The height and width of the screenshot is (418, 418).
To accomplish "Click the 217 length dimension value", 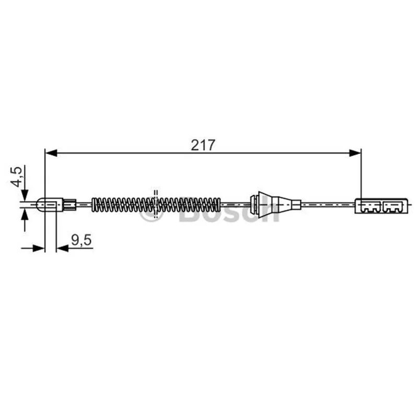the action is point(203,145).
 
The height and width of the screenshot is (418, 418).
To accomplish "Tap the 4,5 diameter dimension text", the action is point(16,177).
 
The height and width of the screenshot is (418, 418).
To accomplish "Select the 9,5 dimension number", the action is point(82,240).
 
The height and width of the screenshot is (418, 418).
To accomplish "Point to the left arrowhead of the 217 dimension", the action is point(51,153).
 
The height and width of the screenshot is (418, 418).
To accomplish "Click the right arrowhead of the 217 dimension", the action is point(355,153).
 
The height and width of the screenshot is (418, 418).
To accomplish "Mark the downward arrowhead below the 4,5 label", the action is point(25,195).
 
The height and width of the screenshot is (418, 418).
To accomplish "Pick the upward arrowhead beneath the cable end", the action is point(25,214).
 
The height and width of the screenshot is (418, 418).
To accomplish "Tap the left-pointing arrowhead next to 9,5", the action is point(62,249).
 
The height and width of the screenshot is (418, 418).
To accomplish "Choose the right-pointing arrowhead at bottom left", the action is point(39,249).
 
